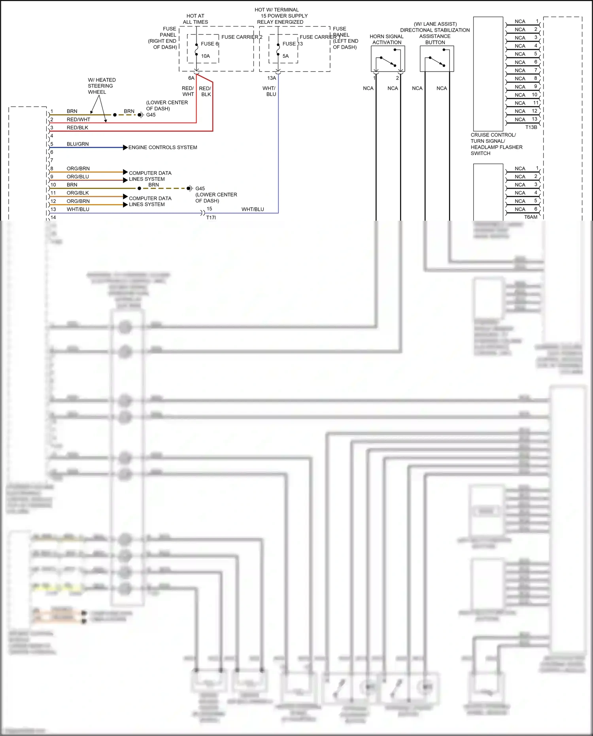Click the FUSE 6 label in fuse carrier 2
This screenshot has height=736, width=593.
pos(210,44)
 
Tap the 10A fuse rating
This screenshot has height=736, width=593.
pos(206,56)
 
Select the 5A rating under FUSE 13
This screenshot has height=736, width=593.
pos(285,56)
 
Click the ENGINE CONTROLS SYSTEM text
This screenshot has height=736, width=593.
pos(162,148)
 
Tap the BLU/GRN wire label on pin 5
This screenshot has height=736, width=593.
pos(77,144)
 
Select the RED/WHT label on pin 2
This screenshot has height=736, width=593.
pos(78,119)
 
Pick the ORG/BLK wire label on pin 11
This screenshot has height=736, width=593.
pos(77,193)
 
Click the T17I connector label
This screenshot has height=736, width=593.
pos(211,218)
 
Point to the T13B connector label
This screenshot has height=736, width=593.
pos(531,127)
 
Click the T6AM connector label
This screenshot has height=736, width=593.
pos(531,217)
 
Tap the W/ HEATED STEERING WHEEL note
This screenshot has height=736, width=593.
pos(101,86)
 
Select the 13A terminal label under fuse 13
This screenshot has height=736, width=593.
pos(272,78)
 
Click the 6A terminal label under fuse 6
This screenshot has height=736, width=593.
pos(191,78)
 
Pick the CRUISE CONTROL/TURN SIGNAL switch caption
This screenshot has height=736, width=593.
pos(496,144)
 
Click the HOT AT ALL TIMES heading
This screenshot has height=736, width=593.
pos(195,19)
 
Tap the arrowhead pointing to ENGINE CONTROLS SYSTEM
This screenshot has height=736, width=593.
pos(125,148)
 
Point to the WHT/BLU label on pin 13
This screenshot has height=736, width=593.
pos(78,209)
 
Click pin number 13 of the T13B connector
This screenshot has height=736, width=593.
pos(534,119)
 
